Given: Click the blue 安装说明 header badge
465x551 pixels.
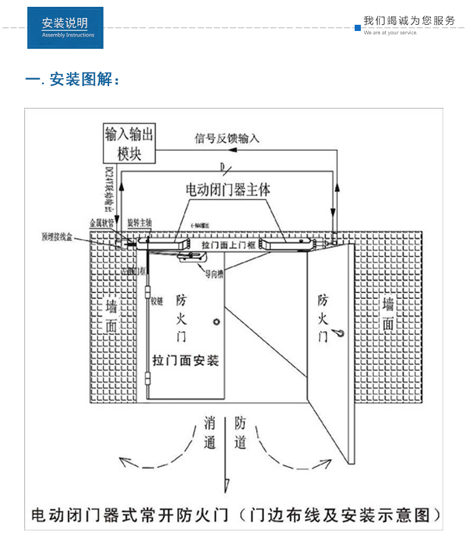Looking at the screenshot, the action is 65,28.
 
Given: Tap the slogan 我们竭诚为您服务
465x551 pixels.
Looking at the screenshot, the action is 409,20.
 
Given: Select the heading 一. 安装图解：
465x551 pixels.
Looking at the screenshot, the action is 72,80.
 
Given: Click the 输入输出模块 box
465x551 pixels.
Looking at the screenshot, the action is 129,144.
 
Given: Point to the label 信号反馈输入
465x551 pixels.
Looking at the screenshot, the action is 227,139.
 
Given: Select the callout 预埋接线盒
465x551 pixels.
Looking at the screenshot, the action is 57,236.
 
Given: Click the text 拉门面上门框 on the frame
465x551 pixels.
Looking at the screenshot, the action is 229,246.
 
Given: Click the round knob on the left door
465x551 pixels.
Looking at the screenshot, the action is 216,322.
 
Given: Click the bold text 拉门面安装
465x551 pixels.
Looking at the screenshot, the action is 186,360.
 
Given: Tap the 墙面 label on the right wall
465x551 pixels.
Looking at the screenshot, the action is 388,314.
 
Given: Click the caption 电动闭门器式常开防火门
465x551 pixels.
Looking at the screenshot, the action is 130,515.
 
